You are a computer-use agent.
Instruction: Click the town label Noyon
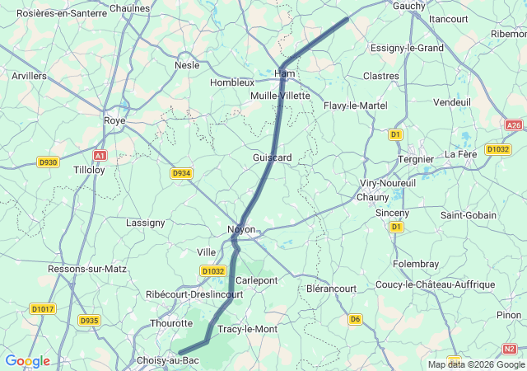click(241, 229)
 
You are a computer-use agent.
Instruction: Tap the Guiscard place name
click(273, 157)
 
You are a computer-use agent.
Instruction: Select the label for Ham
click(284, 73)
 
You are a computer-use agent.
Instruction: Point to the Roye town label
click(114, 120)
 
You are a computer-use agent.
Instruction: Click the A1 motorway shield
click(100, 155)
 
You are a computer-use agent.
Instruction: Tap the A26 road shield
click(514, 125)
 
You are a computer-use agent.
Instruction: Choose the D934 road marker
click(181, 173)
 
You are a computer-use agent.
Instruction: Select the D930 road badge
click(48, 162)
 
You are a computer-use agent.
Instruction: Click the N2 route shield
click(510, 348)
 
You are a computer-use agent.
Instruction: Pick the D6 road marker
click(355, 319)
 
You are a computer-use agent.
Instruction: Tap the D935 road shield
click(89, 320)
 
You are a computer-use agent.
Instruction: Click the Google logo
click(27, 361)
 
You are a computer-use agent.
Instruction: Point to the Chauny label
click(372, 197)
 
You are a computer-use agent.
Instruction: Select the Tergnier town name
click(415, 158)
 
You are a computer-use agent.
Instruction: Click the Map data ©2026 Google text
click(476, 364)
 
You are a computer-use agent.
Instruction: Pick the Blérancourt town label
click(331, 289)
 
